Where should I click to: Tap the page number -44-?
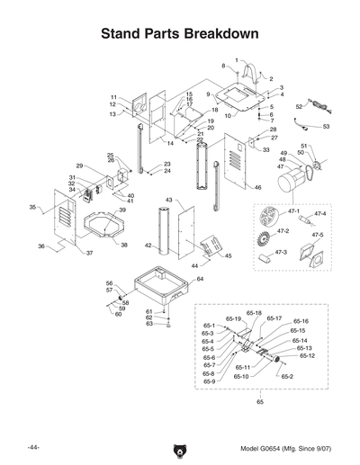[x=32, y=447]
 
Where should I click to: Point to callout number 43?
[x=168, y=199]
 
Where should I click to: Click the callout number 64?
[x=200, y=280]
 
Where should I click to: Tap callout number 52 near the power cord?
[x=299, y=106]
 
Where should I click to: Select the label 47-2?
[x=283, y=231]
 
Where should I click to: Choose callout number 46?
[x=257, y=187]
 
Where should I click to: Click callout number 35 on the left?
[x=32, y=207]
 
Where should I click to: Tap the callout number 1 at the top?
[x=237, y=59]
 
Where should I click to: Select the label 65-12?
[x=307, y=356]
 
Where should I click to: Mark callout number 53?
[x=326, y=127]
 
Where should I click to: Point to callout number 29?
[x=79, y=165]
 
